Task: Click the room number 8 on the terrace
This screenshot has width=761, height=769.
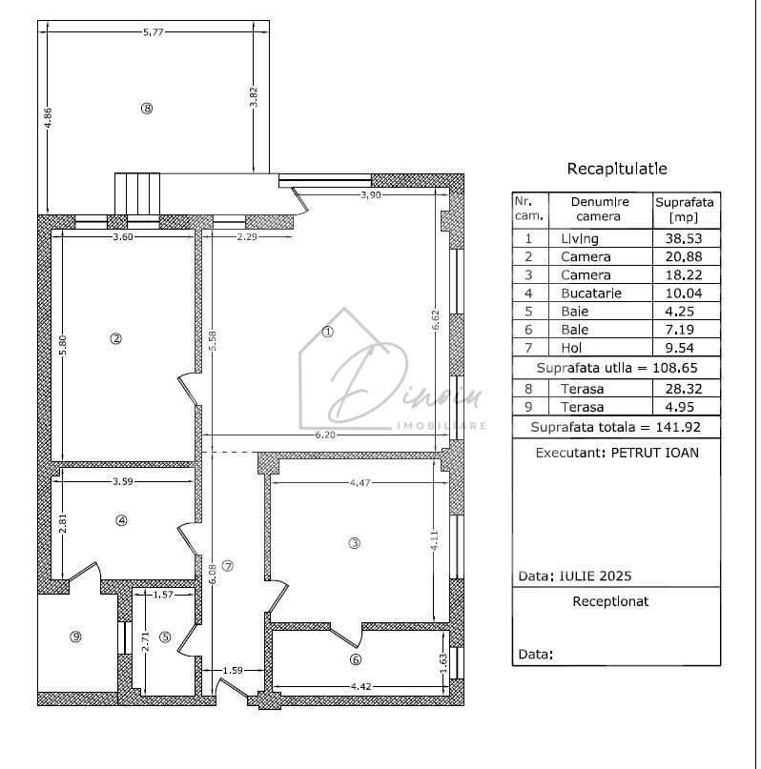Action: (146, 109)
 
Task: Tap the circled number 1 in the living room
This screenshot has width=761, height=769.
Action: (327, 333)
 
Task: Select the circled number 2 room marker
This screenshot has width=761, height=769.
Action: (115, 338)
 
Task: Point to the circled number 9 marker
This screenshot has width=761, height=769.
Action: (75, 637)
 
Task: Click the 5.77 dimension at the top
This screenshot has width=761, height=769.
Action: (154, 32)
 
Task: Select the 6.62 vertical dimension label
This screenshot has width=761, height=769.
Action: (436, 320)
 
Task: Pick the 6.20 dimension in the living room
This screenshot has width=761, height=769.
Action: (325, 435)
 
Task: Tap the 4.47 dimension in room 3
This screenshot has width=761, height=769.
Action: (359, 483)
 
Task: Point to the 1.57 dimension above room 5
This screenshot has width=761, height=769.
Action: (164, 595)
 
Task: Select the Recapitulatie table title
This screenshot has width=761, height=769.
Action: (617, 170)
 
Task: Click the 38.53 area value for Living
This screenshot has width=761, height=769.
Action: (685, 238)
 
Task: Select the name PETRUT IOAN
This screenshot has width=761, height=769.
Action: (654, 453)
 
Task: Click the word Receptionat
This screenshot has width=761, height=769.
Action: (610, 601)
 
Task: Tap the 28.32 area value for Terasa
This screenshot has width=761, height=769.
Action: (685, 389)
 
